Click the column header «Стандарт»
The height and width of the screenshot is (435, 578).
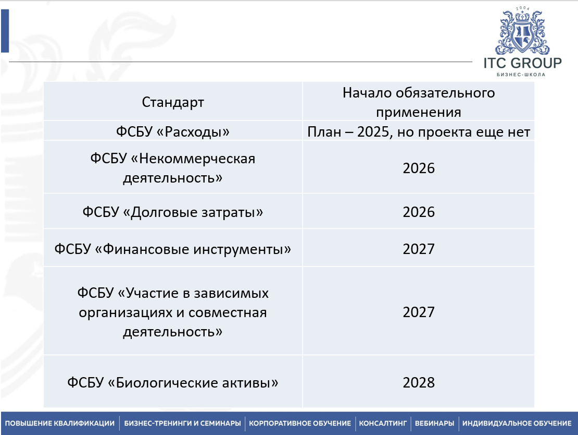(173, 102)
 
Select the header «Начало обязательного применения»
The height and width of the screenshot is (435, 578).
(418, 102)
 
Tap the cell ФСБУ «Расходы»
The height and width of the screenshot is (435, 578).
(173, 132)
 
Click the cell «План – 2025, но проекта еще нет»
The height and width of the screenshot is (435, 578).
(418, 132)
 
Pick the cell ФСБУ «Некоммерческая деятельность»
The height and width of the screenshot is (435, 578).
(173, 168)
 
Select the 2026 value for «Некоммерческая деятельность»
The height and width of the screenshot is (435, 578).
(418, 168)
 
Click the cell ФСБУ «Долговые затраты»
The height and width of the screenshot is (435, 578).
(173, 212)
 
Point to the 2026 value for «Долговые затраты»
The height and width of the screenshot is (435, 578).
(418, 212)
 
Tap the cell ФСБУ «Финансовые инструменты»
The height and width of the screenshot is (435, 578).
(173, 249)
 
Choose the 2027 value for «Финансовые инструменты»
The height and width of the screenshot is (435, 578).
(418, 249)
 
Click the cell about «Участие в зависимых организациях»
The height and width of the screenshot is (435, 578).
(173, 312)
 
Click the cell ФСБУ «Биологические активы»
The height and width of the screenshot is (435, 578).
(173, 382)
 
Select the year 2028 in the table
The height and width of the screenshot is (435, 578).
(418, 382)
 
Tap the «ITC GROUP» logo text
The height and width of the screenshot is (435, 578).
(522, 64)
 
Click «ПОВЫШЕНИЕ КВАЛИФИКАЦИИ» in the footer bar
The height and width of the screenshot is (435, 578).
(60, 423)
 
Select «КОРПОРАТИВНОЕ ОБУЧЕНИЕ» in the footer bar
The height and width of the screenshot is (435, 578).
(300, 423)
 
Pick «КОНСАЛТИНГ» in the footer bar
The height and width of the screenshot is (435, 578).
(384, 423)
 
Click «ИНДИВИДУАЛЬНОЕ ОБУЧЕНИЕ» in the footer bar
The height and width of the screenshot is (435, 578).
(517, 423)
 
